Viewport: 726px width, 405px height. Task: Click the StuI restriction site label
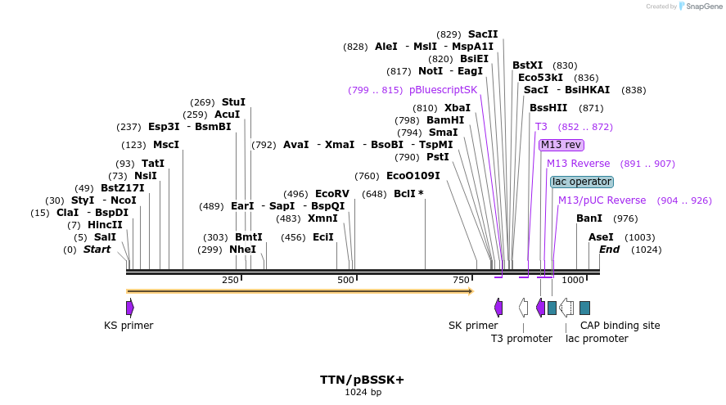[x=233, y=102]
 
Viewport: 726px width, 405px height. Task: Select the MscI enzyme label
[x=166, y=145]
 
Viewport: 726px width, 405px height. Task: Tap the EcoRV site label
[x=332, y=194]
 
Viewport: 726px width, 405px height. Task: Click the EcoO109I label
[x=413, y=176]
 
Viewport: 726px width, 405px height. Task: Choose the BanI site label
[x=589, y=218]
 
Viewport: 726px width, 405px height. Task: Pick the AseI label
[x=601, y=237]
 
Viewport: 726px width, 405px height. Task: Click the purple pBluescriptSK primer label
[x=443, y=90]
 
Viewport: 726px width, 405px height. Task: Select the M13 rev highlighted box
[x=561, y=145]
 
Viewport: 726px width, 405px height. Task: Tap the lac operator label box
[x=581, y=182]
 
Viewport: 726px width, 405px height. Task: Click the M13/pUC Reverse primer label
[x=602, y=200]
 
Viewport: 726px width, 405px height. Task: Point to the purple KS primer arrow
[x=130, y=307]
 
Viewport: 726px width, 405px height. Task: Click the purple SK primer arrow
[x=498, y=307]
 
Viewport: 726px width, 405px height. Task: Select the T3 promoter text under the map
[x=521, y=339]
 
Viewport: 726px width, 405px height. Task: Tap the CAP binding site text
[x=620, y=326]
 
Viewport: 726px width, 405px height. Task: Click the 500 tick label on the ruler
[x=345, y=281]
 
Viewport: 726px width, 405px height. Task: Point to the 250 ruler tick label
[x=230, y=281]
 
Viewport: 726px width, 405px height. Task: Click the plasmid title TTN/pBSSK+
[x=363, y=380]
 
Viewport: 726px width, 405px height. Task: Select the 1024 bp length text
[x=363, y=393]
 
